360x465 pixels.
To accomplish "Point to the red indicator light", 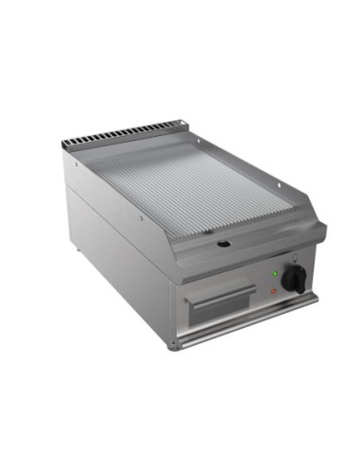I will (273, 291).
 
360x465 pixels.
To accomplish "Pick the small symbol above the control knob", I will (294, 259).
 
